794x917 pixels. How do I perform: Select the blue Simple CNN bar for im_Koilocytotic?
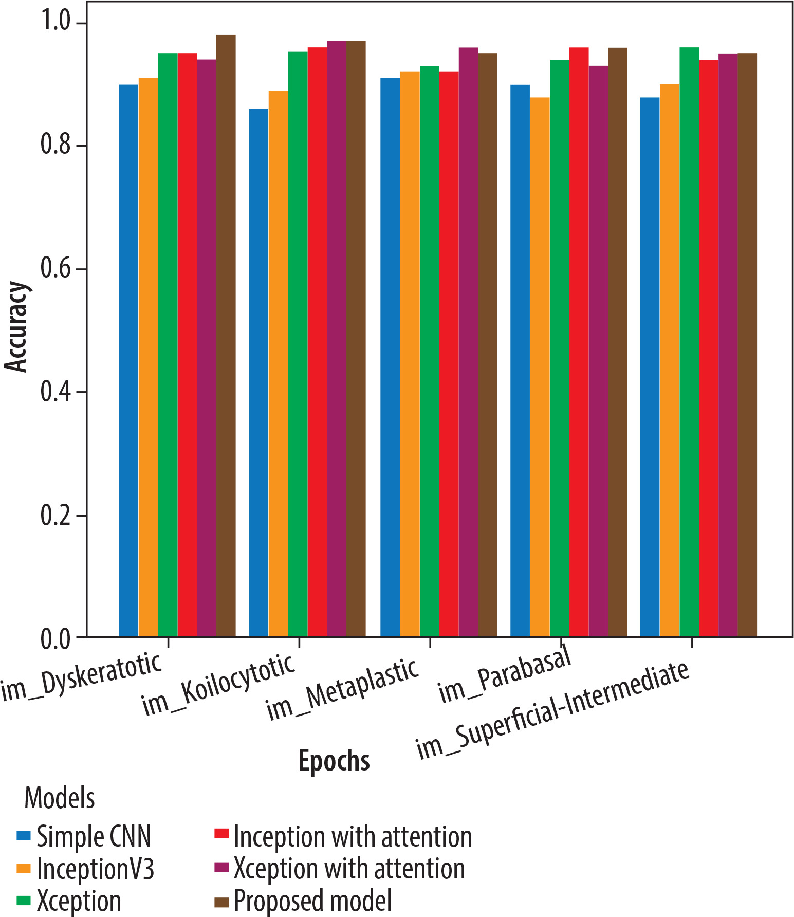(258, 373)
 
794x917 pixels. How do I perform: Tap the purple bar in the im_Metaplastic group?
(468, 342)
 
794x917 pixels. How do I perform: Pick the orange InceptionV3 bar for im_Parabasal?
(540, 367)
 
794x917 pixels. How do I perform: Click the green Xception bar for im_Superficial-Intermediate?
(689, 342)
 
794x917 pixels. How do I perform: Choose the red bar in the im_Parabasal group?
(579, 342)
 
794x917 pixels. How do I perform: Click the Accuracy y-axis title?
(16, 326)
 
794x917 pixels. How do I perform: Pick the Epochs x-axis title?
(334, 761)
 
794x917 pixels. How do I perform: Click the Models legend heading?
(60, 798)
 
